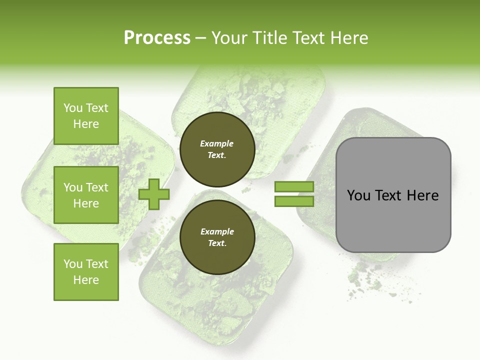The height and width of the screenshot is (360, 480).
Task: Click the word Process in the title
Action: tap(157, 37)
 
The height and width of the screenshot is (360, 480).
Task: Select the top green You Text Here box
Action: tap(86, 116)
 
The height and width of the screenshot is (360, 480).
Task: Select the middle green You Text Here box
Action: tap(86, 195)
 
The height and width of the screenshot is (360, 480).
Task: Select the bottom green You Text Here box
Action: tap(86, 271)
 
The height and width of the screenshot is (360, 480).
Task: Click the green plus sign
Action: tap(154, 194)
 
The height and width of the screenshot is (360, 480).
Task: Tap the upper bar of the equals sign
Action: tap(294, 187)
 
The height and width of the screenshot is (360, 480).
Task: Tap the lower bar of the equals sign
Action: tap(294, 201)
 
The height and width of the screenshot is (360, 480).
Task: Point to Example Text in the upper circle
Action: tap(217, 149)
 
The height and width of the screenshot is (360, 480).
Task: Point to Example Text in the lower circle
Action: tap(217, 237)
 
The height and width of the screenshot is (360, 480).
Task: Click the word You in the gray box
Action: tap(358, 195)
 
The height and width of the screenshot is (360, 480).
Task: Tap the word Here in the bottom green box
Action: tap(86, 280)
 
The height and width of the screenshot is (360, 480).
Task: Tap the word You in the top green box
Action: tap(73, 108)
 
